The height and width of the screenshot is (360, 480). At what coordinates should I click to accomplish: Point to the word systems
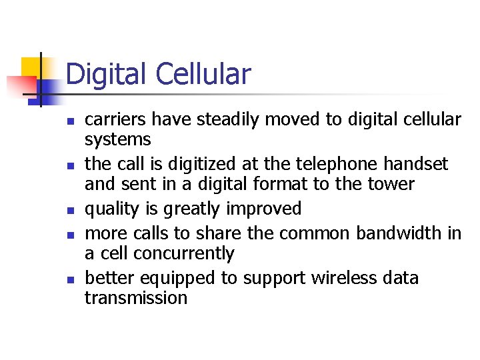(117, 140)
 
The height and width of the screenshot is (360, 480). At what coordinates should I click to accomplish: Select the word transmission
(136, 298)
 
